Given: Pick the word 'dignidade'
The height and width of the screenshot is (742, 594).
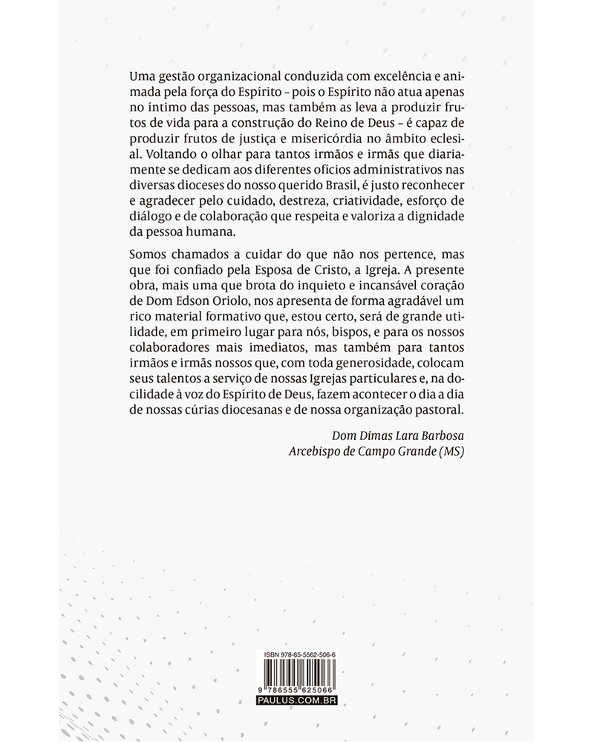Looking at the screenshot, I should point(438,216).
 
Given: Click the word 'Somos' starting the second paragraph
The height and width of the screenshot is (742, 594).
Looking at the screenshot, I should point(147,255).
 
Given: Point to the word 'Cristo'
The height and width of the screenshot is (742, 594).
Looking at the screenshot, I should point(363,270).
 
